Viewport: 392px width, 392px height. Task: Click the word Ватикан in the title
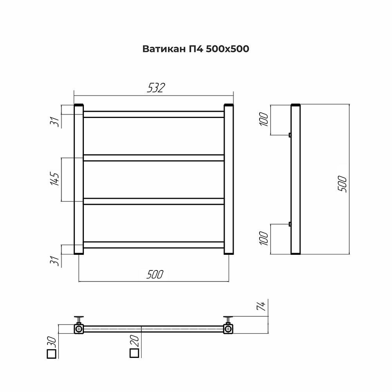(164, 49)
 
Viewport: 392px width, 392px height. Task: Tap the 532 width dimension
(156, 88)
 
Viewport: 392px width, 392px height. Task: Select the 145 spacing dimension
(55, 178)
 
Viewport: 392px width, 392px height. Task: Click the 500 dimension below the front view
(155, 274)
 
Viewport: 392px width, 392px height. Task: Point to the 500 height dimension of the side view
(342, 184)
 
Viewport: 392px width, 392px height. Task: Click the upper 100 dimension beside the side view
(264, 119)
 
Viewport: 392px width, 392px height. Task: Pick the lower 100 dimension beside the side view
(264, 238)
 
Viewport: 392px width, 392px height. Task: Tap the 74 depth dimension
(261, 306)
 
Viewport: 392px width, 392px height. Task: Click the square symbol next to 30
(51, 354)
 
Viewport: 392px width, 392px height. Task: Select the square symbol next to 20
(134, 353)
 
